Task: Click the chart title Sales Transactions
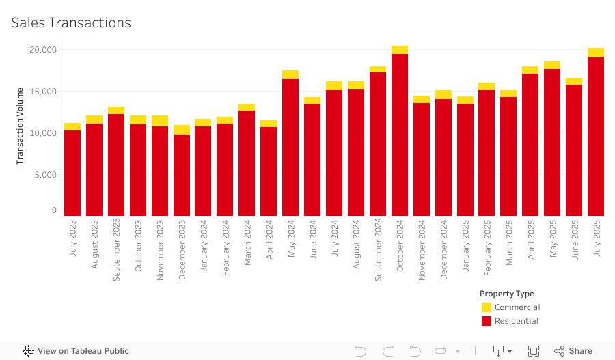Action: (71, 23)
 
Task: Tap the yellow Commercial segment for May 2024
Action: (290, 74)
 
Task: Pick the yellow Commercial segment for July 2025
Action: (596, 53)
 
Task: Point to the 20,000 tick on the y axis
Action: (43, 50)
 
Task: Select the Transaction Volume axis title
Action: (20, 126)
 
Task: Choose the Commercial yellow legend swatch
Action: (487, 307)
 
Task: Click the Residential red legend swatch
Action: (487, 321)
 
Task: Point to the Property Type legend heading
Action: (507, 294)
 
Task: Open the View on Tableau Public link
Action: (76, 351)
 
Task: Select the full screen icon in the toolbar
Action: (534, 351)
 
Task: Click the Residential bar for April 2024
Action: (269, 171)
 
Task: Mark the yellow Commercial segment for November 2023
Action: (160, 121)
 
